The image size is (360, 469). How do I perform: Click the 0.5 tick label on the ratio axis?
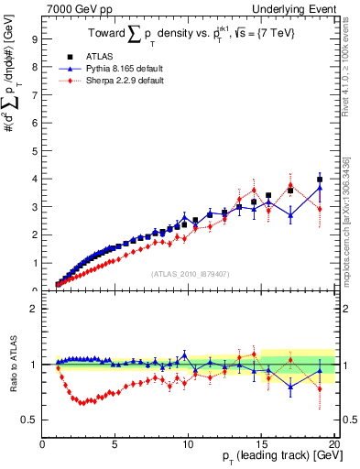(x=28, y=420)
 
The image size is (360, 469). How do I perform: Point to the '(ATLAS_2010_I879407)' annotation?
(x=188, y=272)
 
